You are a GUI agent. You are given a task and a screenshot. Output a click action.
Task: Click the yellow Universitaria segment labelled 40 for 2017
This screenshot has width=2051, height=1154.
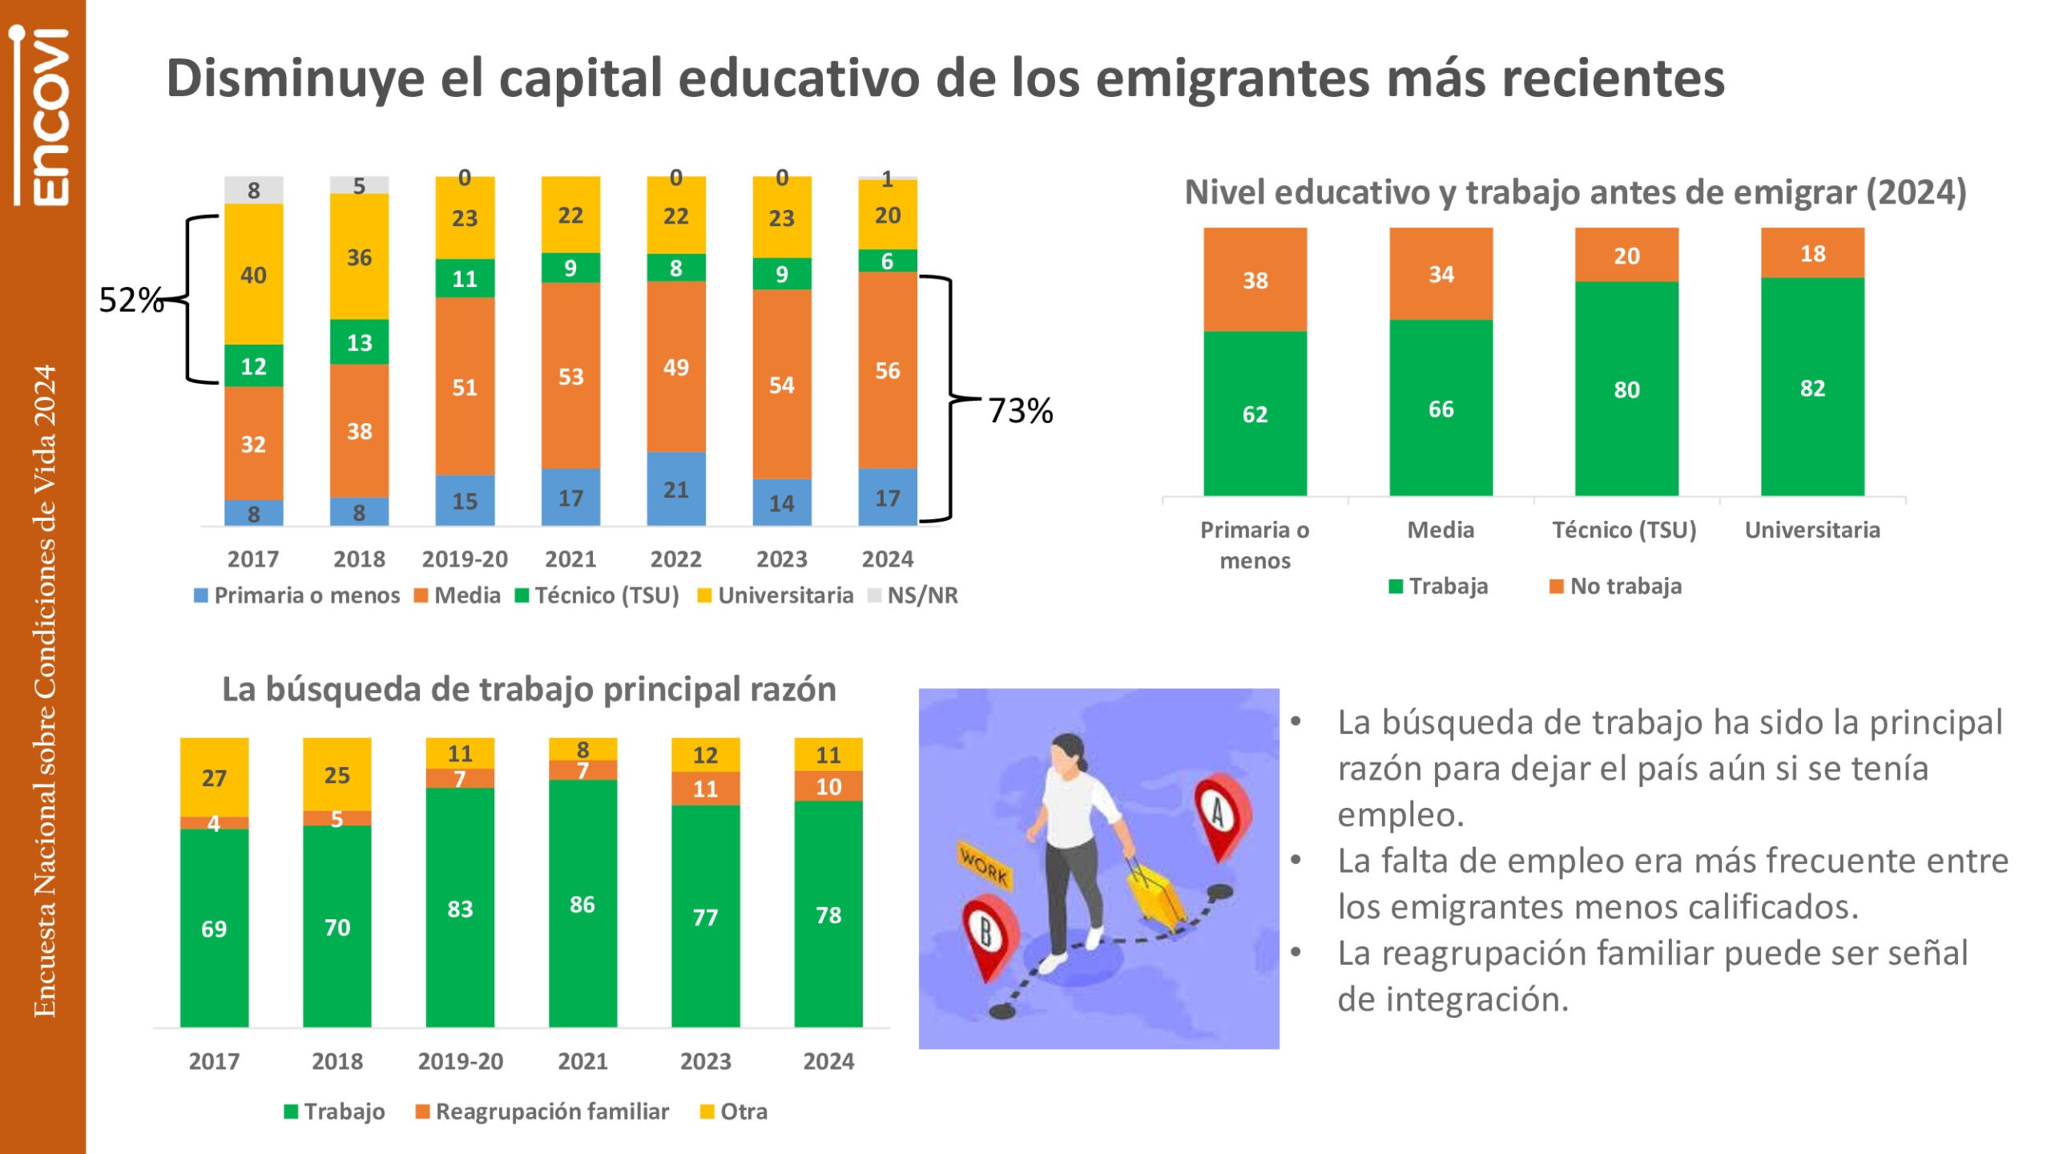253,274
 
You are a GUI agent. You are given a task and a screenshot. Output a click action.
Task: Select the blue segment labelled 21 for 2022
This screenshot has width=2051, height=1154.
675,489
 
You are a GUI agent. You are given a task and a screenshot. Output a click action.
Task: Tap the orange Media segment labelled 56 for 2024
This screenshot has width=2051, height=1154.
887,369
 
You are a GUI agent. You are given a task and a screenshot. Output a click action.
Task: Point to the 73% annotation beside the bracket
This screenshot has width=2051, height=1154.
1020,410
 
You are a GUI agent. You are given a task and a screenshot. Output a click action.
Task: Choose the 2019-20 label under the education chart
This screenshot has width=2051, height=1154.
465,559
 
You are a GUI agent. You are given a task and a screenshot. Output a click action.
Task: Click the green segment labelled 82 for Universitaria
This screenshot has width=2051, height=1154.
1812,388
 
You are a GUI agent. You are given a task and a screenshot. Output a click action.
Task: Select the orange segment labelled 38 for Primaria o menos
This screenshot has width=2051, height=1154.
1255,280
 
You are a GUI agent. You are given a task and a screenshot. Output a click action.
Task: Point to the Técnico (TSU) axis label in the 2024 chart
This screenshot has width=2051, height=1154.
1624,530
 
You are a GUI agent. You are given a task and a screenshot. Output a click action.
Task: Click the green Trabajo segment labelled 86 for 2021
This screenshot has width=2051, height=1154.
582,904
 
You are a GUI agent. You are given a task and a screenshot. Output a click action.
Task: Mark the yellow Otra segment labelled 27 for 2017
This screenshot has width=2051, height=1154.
214,777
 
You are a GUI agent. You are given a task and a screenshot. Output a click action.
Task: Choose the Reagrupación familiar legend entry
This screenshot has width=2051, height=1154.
542,1112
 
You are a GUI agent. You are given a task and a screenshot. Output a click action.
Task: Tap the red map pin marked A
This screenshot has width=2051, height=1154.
1220,813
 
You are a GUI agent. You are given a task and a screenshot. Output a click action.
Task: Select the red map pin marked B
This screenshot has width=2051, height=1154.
988,934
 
